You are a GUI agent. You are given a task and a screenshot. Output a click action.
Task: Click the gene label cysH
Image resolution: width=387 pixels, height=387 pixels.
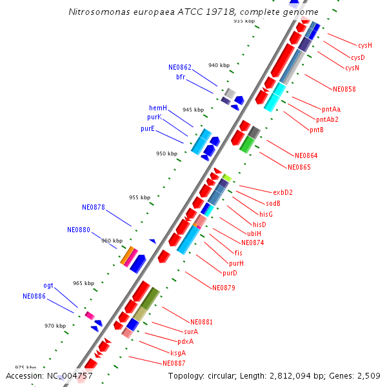(x=365, y=45)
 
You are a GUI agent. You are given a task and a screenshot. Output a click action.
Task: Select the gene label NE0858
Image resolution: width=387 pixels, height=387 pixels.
(x=344, y=89)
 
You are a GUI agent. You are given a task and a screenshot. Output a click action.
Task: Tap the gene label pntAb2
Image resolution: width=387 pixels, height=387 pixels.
(x=328, y=119)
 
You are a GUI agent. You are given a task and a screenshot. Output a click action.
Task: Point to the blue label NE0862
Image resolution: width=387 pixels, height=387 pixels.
(x=180, y=67)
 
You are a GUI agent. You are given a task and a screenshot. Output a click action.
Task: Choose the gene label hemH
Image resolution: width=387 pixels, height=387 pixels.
(x=158, y=108)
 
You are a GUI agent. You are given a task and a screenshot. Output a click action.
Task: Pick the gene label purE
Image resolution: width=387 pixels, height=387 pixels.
(x=148, y=128)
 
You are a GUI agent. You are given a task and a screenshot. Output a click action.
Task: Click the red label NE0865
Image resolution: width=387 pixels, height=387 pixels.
(x=299, y=167)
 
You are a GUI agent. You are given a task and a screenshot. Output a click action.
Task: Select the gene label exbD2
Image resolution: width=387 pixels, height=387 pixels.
(x=283, y=192)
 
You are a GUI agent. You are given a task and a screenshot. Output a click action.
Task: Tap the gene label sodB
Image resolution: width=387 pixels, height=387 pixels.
(x=273, y=203)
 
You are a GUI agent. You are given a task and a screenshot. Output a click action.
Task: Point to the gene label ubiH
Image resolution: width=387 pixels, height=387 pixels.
(x=254, y=233)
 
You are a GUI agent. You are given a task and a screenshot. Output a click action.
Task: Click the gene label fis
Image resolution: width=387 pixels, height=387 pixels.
(x=239, y=253)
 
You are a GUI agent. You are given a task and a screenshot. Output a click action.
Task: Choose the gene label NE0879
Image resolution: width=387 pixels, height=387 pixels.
(x=223, y=287)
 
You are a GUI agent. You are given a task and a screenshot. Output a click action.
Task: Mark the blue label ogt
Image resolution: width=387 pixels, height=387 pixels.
(x=48, y=285)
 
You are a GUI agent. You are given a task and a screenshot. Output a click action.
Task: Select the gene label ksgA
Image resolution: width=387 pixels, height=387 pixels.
(x=178, y=353)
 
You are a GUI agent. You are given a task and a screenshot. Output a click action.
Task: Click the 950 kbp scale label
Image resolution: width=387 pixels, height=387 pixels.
(x=166, y=154)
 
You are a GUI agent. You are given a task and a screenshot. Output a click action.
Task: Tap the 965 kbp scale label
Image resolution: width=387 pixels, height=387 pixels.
(x=83, y=283)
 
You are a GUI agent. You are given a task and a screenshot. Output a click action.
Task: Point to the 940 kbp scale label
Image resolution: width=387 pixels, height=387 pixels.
(x=219, y=65)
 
